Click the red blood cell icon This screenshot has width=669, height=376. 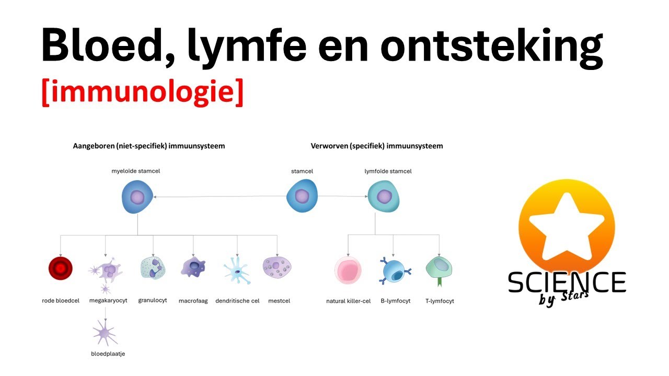(60, 268)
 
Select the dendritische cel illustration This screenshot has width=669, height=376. (237, 269)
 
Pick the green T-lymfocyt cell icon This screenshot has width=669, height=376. (439, 269)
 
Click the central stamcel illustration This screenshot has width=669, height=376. (302, 196)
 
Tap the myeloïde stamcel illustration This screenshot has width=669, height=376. (137, 197)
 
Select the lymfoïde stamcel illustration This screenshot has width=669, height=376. (384, 197)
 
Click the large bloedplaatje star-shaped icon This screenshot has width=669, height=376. (106, 332)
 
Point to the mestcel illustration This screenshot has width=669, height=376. (277, 267)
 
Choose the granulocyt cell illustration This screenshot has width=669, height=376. (153, 267)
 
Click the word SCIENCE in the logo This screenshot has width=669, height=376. (567, 283)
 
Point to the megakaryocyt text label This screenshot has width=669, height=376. (108, 301)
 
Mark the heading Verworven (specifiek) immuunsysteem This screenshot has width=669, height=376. (376, 146)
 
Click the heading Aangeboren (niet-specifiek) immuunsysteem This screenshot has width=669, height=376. (149, 146)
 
